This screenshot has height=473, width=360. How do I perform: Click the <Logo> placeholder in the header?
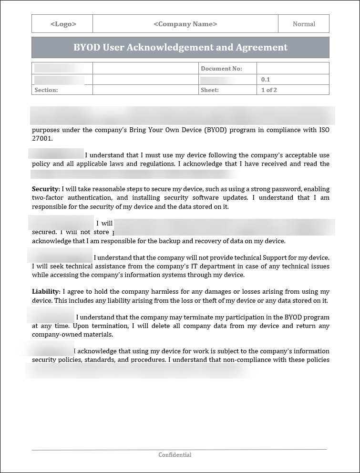tap(63, 24)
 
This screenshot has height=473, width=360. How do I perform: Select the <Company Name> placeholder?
tap(185, 24)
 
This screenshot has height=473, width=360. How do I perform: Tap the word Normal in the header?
tap(304, 24)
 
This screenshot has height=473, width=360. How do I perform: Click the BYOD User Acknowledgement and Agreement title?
tap(180, 47)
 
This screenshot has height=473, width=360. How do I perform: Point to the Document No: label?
tap(221, 69)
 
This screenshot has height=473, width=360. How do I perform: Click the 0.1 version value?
tap(266, 80)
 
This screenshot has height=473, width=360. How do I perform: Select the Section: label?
tap(46, 90)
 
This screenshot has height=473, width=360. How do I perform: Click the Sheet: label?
tap(210, 90)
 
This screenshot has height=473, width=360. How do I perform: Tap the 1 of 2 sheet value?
tap(269, 90)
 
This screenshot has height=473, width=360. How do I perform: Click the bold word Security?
tap(45, 189)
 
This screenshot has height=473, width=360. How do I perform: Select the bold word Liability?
tap(45, 292)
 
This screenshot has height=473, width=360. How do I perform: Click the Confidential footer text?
tap(175, 455)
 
